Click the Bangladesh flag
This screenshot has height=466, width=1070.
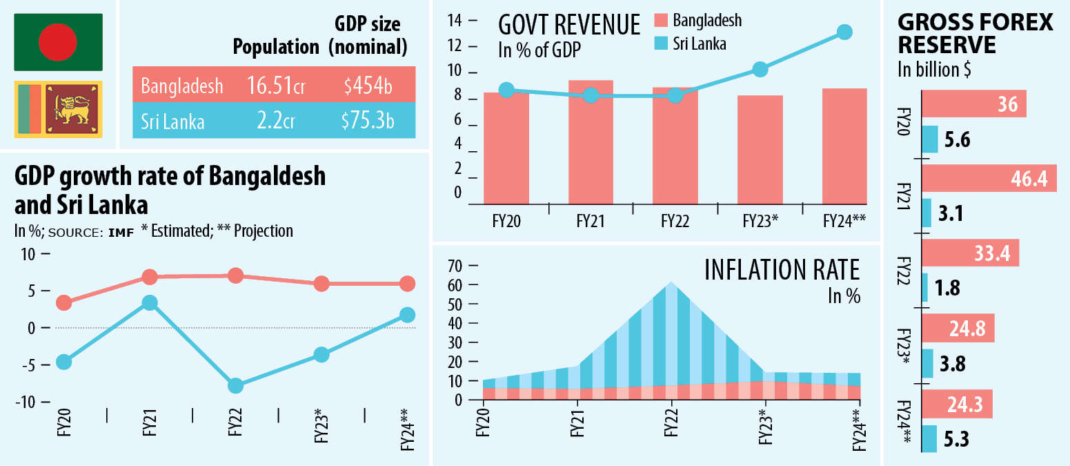pos(59,41)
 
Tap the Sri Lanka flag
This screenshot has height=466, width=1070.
pos(59,109)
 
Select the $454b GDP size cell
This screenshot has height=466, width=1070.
pos(368,85)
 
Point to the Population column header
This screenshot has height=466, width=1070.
pos(276,47)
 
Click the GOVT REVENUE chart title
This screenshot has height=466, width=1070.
pos(569,26)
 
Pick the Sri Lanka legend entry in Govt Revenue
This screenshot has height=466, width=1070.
pos(689,43)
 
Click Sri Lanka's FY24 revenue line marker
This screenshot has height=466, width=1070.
pos(844,32)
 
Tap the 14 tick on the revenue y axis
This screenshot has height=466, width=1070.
pos(455,20)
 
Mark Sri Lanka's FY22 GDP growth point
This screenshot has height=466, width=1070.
pos(235,385)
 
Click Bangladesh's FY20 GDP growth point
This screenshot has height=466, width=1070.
pos(64,302)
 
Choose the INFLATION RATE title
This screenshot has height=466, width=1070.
pos(782,270)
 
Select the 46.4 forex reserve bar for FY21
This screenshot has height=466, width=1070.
pos(988,179)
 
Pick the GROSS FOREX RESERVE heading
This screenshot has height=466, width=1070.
pos(975,34)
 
